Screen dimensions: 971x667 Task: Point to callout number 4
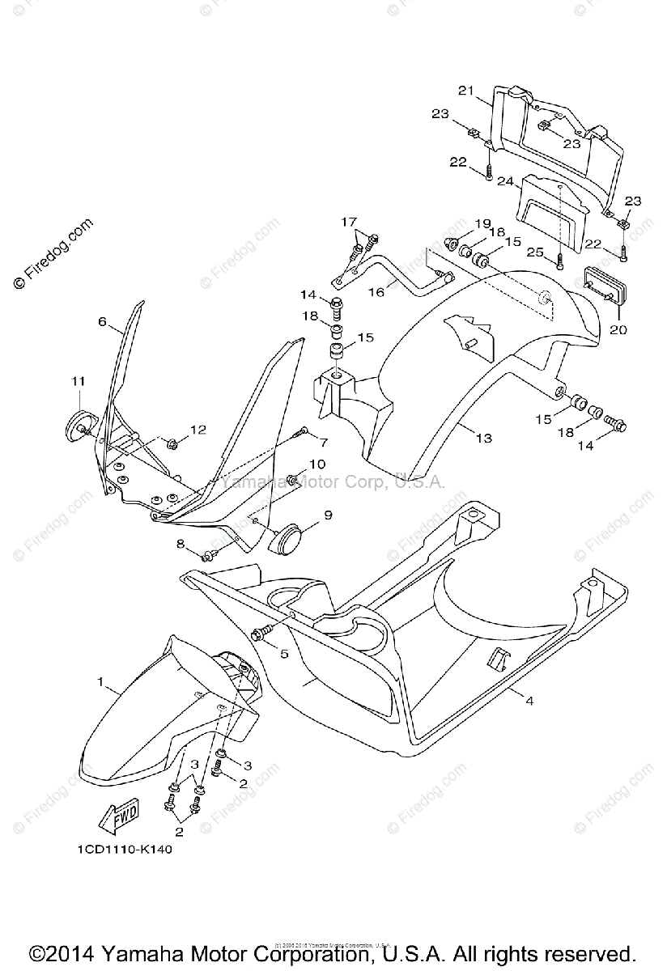tap(529, 700)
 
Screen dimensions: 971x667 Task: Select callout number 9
tap(329, 514)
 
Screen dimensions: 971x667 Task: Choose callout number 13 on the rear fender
tap(483, 438)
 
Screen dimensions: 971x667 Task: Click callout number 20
tap(618, 329)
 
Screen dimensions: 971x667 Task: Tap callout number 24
tap(505, 183)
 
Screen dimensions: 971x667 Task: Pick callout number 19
tap(482, 223)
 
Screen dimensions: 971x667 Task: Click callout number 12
tap(198, 430)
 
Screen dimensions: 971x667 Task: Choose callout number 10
tap(317, 464)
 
